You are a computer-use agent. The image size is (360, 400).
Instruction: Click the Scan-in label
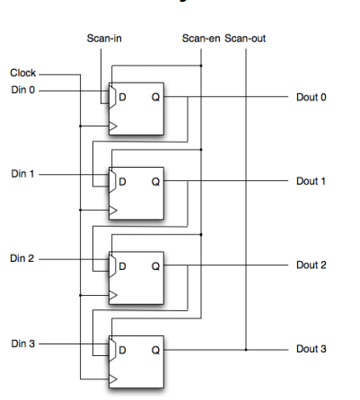(104, 39)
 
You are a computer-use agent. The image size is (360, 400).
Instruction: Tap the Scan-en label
(201, 39)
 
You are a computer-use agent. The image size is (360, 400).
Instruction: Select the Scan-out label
(245, 39)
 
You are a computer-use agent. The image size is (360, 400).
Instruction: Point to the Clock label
(23, 73)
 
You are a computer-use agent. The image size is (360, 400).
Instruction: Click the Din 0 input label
(23, 90)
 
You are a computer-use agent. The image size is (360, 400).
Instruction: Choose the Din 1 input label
(22, 174)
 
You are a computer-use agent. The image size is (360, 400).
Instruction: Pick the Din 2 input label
(22, 258)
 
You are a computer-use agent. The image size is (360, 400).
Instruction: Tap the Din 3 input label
(23, 343)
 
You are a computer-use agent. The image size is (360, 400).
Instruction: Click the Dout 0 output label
(312, 97)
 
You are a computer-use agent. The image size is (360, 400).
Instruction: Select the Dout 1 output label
(311, 181)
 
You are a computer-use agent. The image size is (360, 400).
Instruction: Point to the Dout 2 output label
(312, 265)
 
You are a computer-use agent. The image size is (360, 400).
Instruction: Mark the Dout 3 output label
(312, 349)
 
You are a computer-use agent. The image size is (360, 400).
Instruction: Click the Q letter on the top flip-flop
(155, 97)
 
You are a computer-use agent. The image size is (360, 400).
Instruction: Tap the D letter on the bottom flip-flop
(122, 350)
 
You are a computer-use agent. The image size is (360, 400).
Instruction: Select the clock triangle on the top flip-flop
(113, 126)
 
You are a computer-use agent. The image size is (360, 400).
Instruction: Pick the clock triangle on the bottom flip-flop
(113, 379)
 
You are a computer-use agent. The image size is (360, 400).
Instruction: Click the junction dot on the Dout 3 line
(246, 350)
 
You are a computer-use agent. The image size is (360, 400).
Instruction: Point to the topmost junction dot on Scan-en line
(201, 65)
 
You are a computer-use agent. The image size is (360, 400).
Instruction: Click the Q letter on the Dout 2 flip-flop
(155, 266)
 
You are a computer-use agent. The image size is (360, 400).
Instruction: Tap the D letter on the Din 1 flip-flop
(122, 181)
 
